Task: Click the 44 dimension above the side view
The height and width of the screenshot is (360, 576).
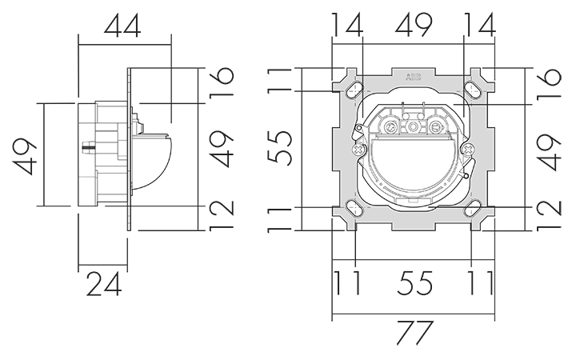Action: [x=122, y=26]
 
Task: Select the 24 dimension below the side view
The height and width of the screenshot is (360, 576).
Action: [x=104, y=284]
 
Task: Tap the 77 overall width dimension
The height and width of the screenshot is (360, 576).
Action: [x=414, y=333]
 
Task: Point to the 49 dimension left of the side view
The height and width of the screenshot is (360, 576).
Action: [x=26, y=156]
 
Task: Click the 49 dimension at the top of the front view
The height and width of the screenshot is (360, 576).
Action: [x=414, y=25]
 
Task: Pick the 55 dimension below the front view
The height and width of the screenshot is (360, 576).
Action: [x=414, y=283]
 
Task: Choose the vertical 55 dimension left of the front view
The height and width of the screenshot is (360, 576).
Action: [x=280, y=147]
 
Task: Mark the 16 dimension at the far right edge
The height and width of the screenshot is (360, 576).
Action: [x=550, y=83]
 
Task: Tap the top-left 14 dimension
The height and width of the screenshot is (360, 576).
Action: [x=347, y=25]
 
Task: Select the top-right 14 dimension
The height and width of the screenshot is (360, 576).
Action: [x=480, y=25]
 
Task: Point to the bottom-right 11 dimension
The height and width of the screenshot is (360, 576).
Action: [x=482, y=283]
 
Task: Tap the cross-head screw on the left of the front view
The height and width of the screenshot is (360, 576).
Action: [x=358, y=149]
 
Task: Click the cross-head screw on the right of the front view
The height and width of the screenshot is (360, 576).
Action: [x=468, y=149]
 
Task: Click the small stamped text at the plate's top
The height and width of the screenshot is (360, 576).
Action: [x=414, y=77]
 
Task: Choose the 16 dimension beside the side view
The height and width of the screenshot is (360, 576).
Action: [x=222, y=82]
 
